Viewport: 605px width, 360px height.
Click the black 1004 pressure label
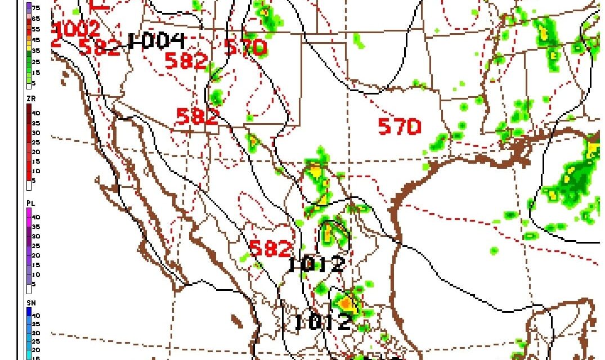click(x=156, y=40)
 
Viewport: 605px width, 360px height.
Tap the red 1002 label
click(x=78, y=29)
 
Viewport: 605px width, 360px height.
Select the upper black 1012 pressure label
click(x=316, y=264)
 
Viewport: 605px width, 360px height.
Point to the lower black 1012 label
click(x=323, y=322)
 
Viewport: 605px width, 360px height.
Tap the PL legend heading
click(x=30, y=202)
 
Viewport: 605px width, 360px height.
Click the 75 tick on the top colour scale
click(x=35, y=8)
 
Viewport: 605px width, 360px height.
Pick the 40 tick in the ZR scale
click(x=35, y=112)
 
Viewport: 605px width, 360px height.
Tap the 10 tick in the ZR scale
click(x=35, y=170)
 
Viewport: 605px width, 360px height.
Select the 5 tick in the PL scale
click(x=35, y=284)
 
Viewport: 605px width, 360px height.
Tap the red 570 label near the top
click(x=245, y=47)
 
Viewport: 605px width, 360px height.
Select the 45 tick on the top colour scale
click(x=35, y=39)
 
